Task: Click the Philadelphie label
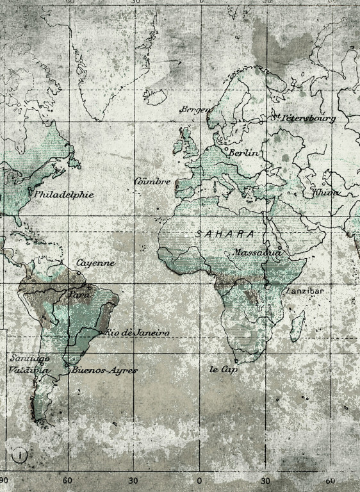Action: [x=64, y=194]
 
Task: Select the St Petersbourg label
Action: [x=303, y=118]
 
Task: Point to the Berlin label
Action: [x=244, y=153]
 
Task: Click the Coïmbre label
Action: [x=152, y=181]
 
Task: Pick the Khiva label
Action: [x=326, y=192]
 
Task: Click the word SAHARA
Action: [x=224, y=234]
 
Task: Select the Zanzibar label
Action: [x=305, y=291]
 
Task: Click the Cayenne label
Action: [x=96, y=263]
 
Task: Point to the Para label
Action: [x=79, y=295]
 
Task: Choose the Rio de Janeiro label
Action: [x=137, y=332]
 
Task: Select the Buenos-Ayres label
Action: [x=104, y=370]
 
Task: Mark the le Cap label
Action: [x=224, y=370]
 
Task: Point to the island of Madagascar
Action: [x=296, y=325]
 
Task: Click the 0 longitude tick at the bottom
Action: [x=199, y=480]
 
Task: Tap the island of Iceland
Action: [x=154, y=97]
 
